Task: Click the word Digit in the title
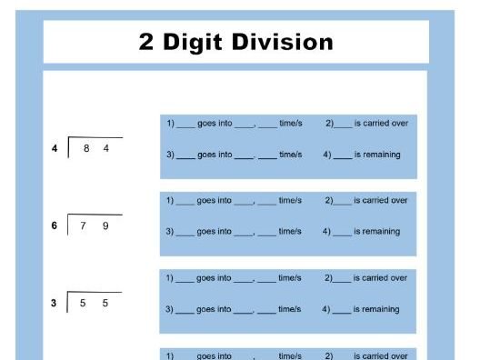coord(201,42)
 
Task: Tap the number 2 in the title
coord(147,42)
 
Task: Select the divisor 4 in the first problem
coord(55,148)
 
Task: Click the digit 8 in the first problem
coord(86,148)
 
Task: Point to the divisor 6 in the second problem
coord(55,225)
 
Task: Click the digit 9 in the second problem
coord(105,225)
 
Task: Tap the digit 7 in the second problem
coord(84,225)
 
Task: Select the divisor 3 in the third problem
coord(55,304)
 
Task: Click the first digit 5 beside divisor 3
coord(84,304)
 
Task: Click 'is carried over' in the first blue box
coord(380,123)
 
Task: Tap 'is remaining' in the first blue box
coord(376,155)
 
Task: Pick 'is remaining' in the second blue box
coord(376,232)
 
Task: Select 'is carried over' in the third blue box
coord(380,278)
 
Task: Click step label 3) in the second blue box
coord(170,232)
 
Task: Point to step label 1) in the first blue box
coord(170,123)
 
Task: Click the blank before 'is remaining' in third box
coord(342,310)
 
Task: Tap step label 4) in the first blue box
coord(327,155)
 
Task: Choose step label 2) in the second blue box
coord(329,200)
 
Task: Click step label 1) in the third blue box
coord(170,278)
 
